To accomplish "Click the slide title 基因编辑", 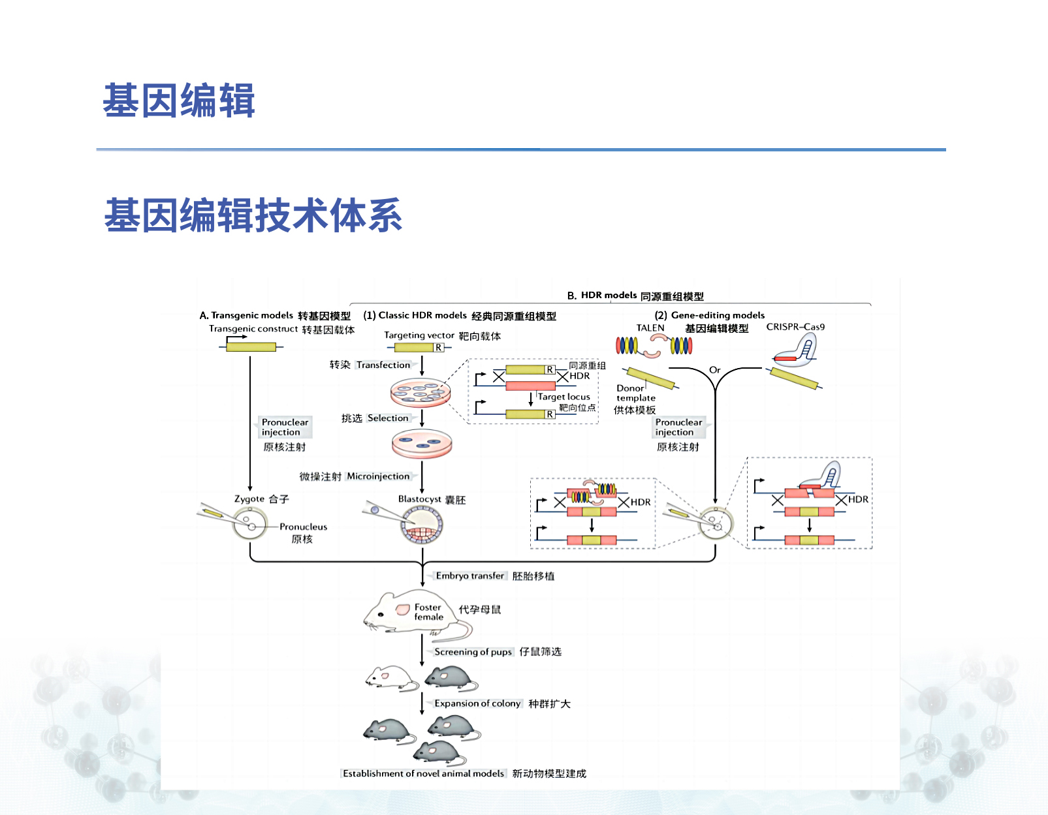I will tap(178, 100).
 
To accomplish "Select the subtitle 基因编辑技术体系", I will tap(253, 215).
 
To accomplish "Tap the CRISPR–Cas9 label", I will tap(795, 327).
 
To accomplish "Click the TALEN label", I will tap(650, 328).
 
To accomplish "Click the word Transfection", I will tap(383, 365).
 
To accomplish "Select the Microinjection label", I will tap(378, 476).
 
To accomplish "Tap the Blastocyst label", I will tap(419, 499).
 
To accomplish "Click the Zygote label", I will tap(249, 499).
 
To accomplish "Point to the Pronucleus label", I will tap(303, 527).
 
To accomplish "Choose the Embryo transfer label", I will tap(470, 576).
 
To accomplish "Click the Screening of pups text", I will tap(473, 652).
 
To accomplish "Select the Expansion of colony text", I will tap(477, 703).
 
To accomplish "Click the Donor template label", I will tap(635, 393).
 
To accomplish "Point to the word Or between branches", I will tap(714, 370).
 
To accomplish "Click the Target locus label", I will tap(564, 397).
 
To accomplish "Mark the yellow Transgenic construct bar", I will tap(251, 346).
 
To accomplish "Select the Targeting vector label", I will tap(419, 335).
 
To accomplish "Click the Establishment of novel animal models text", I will tap(423, 773).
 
